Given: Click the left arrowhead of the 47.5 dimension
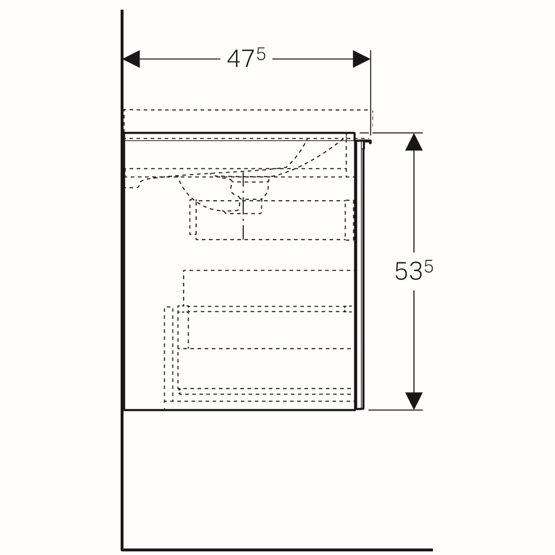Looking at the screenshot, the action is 131,59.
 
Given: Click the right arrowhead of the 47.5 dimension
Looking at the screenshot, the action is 362,59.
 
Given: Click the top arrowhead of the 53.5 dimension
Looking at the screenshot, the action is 414,142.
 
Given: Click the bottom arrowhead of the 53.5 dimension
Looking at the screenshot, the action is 414,401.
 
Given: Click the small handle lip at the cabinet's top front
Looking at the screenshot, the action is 364,141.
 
